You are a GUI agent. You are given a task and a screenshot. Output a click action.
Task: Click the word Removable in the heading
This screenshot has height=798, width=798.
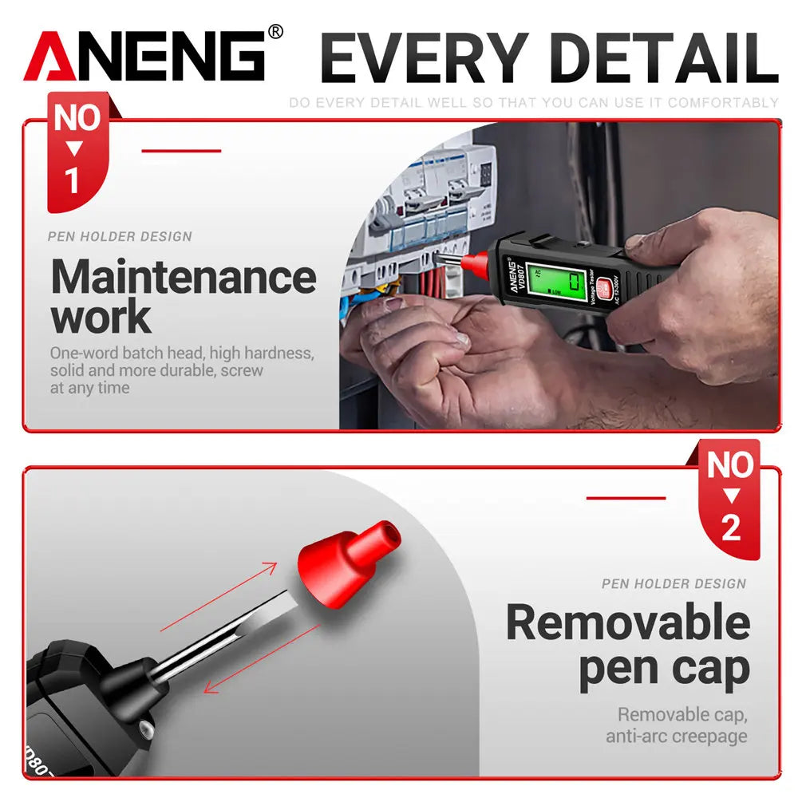[x=628, y=622]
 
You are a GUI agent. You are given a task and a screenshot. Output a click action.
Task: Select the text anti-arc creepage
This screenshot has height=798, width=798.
[x=676, y=735]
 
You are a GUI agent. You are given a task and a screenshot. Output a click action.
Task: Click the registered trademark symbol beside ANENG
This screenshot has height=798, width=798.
[x=275, y=32]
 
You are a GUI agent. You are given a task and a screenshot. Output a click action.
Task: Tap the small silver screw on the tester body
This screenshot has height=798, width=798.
[x=144, y=728]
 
